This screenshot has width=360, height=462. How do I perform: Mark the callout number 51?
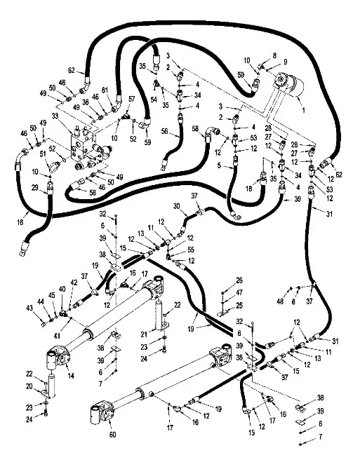click(x=42, y=154)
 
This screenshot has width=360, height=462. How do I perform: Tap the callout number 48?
click(x=279, y=301)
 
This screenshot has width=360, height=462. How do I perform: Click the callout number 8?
click(x=274, y=55)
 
